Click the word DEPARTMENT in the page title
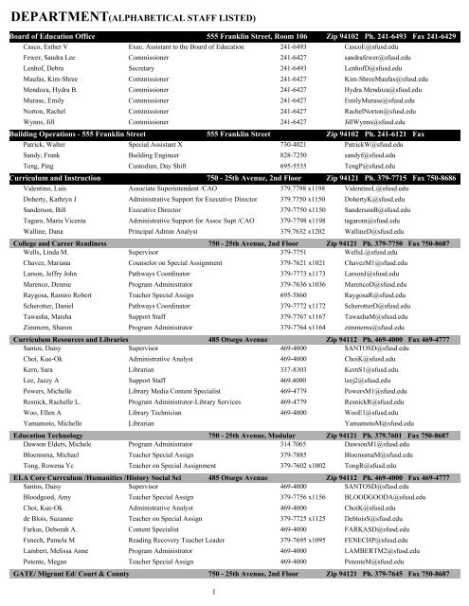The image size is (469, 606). click(60, 14)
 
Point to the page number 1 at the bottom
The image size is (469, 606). click(234, 595)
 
